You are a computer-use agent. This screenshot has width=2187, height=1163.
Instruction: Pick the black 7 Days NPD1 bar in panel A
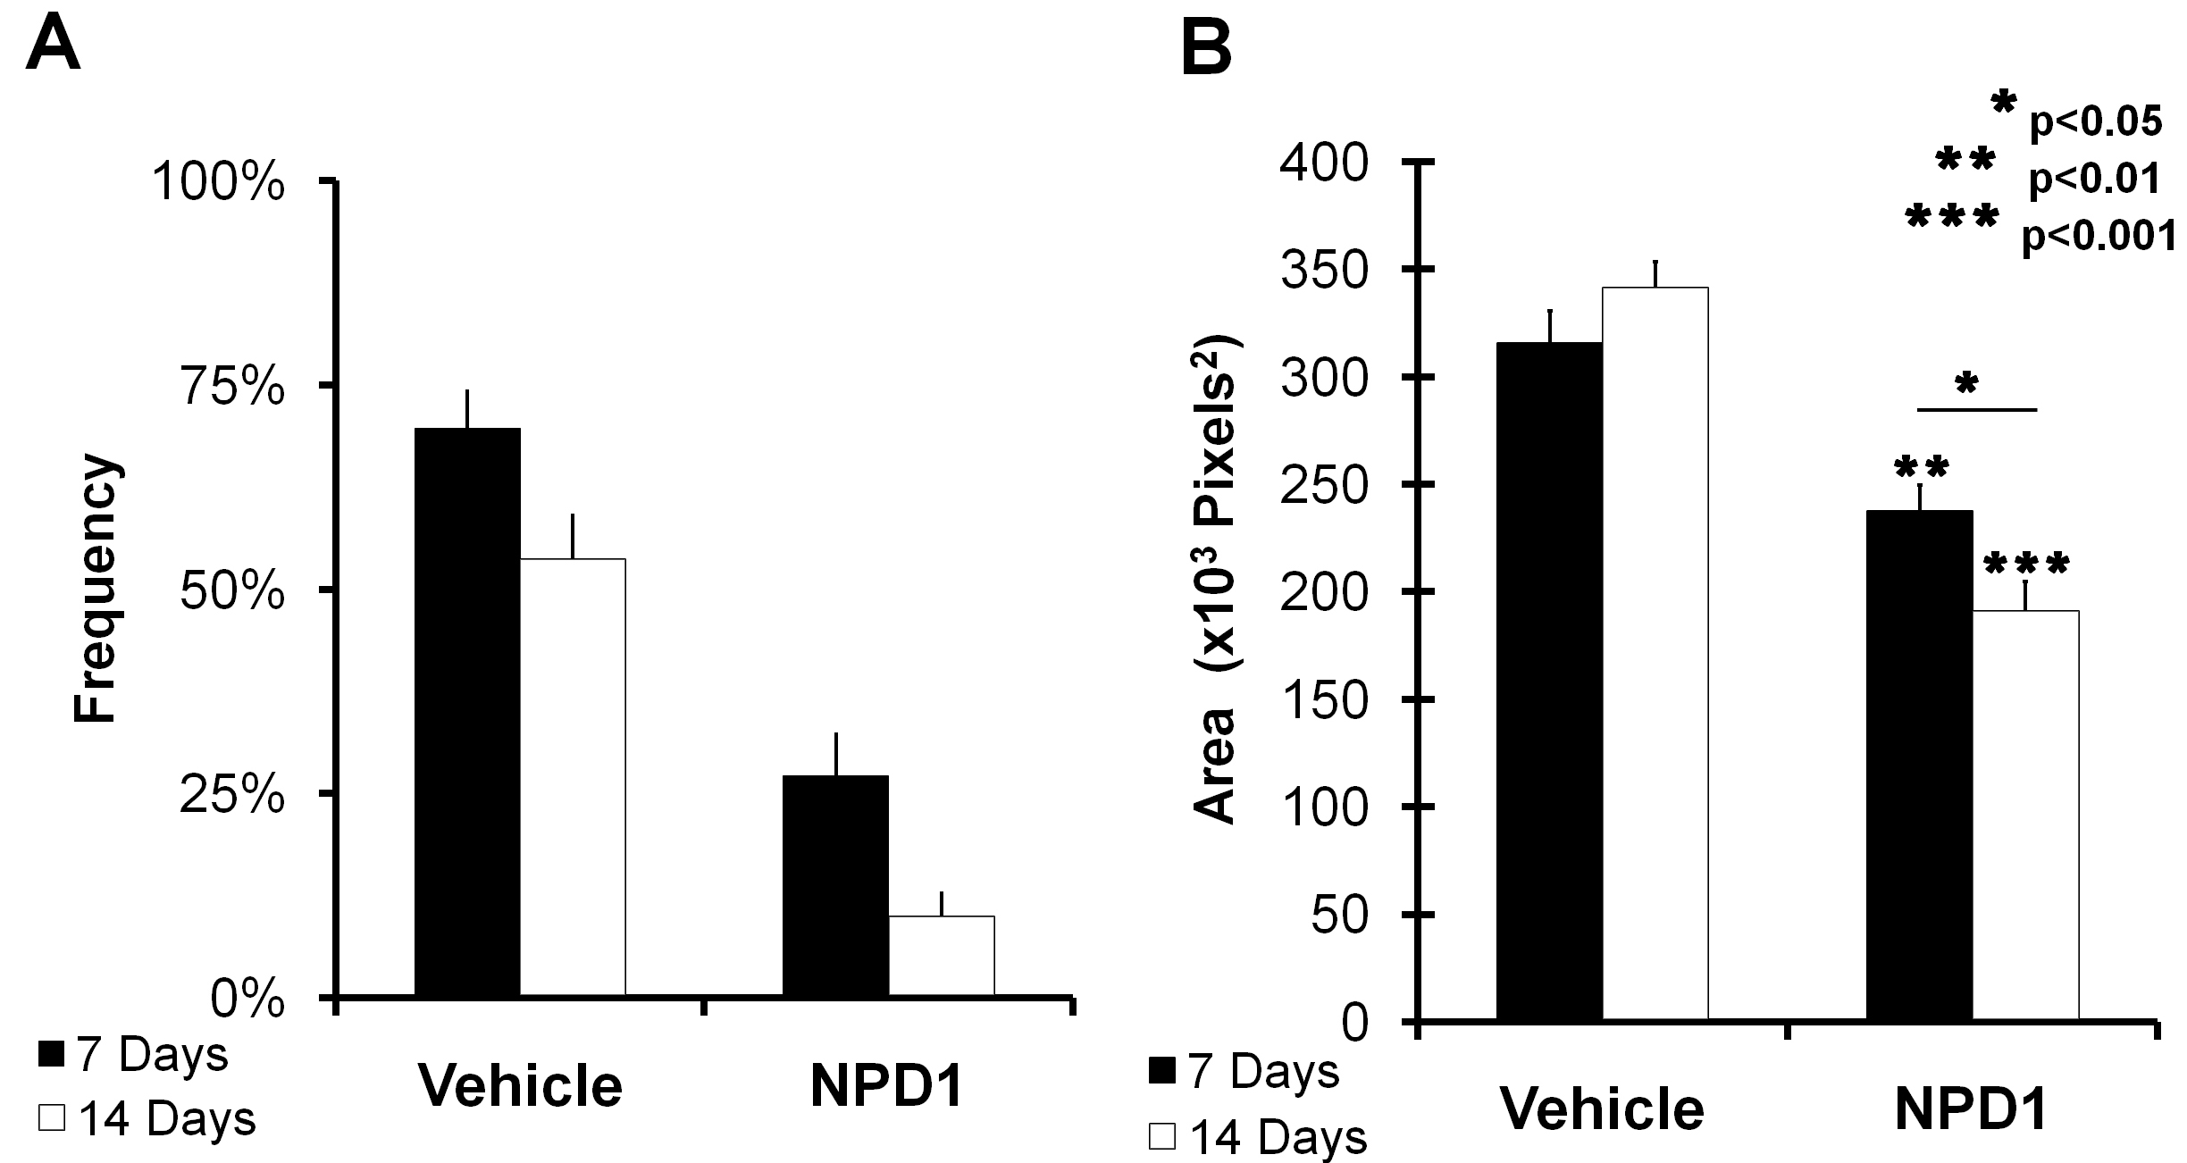point(835,884)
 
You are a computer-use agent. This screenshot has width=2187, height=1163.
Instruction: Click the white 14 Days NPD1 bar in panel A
point(941,955)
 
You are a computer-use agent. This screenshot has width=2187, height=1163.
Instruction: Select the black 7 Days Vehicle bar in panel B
point(1549,680)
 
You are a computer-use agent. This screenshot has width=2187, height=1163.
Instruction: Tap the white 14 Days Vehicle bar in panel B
point(1655,653)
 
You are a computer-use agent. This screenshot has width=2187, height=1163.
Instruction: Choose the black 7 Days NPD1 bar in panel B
point(1919,764)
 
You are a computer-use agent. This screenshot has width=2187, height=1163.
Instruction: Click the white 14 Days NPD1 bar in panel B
point(2024,814)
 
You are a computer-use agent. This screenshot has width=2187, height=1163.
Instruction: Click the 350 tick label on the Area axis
point(1324,271)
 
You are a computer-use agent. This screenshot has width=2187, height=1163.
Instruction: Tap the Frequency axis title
point(95,590)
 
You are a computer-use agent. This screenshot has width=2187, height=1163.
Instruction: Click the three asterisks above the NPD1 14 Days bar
point(2025,565)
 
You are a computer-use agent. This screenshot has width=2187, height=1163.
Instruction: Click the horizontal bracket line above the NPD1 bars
point(1976,410)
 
